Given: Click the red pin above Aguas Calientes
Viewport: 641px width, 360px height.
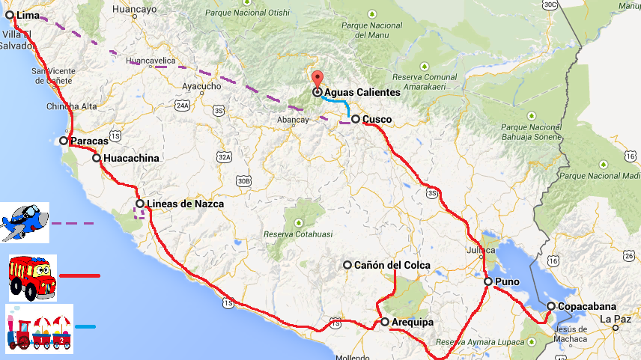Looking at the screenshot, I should tap(318, 78).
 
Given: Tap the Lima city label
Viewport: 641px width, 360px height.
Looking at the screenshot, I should tap(27, 15).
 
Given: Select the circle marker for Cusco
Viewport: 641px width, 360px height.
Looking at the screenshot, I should tap(356, 118).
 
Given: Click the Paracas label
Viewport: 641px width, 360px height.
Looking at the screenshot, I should tap(89, 141).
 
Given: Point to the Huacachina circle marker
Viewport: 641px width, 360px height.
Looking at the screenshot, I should tap(97, 158).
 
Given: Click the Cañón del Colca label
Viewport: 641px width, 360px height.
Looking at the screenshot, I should tap(392, 265).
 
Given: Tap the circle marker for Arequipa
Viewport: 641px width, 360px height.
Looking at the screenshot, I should tap(385, 322).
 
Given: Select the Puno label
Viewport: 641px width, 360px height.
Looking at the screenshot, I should tap(507, 282).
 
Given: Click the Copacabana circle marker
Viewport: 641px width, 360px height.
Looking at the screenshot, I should tap(551, 306).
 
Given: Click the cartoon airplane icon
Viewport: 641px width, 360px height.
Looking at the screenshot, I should tap(25, 222).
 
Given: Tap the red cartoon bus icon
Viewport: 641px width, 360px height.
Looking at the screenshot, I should tap(32, 277).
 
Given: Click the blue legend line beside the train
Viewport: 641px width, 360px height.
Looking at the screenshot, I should tap(85, 327).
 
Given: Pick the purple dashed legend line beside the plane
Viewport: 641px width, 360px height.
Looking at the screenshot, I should tap(73, 223).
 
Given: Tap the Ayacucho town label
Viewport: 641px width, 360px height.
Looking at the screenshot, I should tap(201, 86).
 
